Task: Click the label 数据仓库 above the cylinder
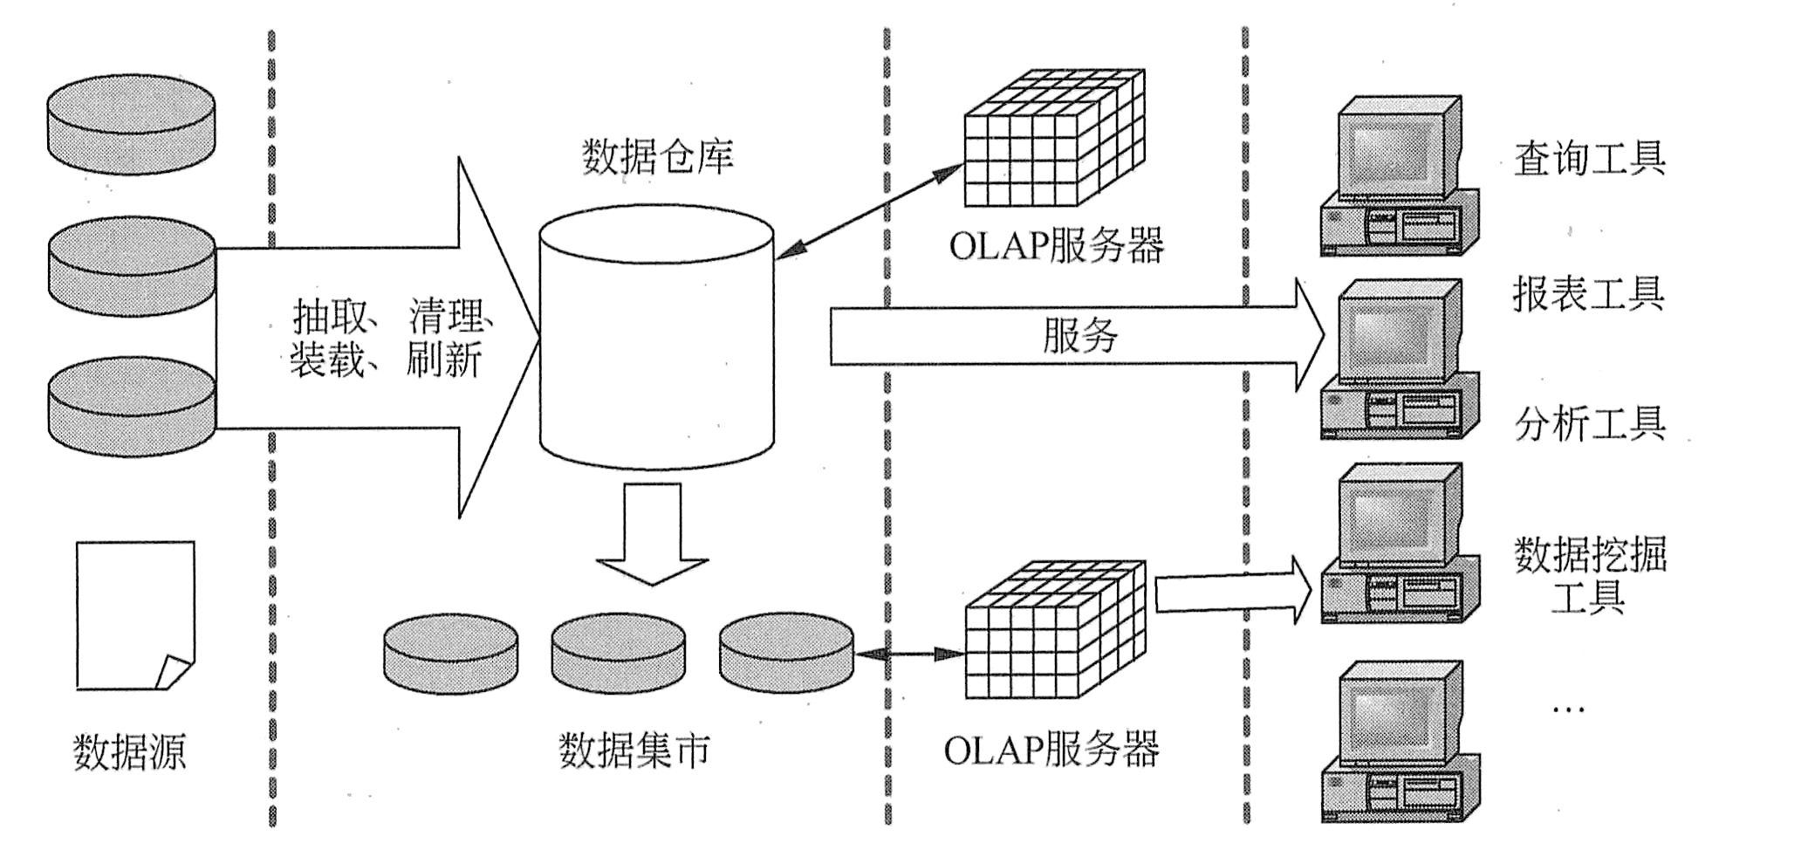pyautogui.click(x=657, y=156)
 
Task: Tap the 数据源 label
pyautogui.click(x=129, y=751)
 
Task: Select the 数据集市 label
pyautogui.click(x=633, y=750)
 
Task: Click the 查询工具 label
pyautogui.click(x=1589, y=158)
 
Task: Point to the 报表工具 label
pyautogui.click(x=1588, y=293)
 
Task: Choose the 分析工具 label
pyautogui.click(x=1590, y=424)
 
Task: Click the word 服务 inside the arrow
pyautogui.click(x=1080, y=335)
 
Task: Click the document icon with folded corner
pyautogui.click(x=134, y=615)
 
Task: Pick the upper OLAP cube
pyautogui.click(x=1053, y=140)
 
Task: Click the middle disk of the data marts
pyautogui.click(x=618, y=652)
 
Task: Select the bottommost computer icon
pyautogui.click(x=1400, y=742)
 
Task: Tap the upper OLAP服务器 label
pyautogui.click(x=1056, y=246)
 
